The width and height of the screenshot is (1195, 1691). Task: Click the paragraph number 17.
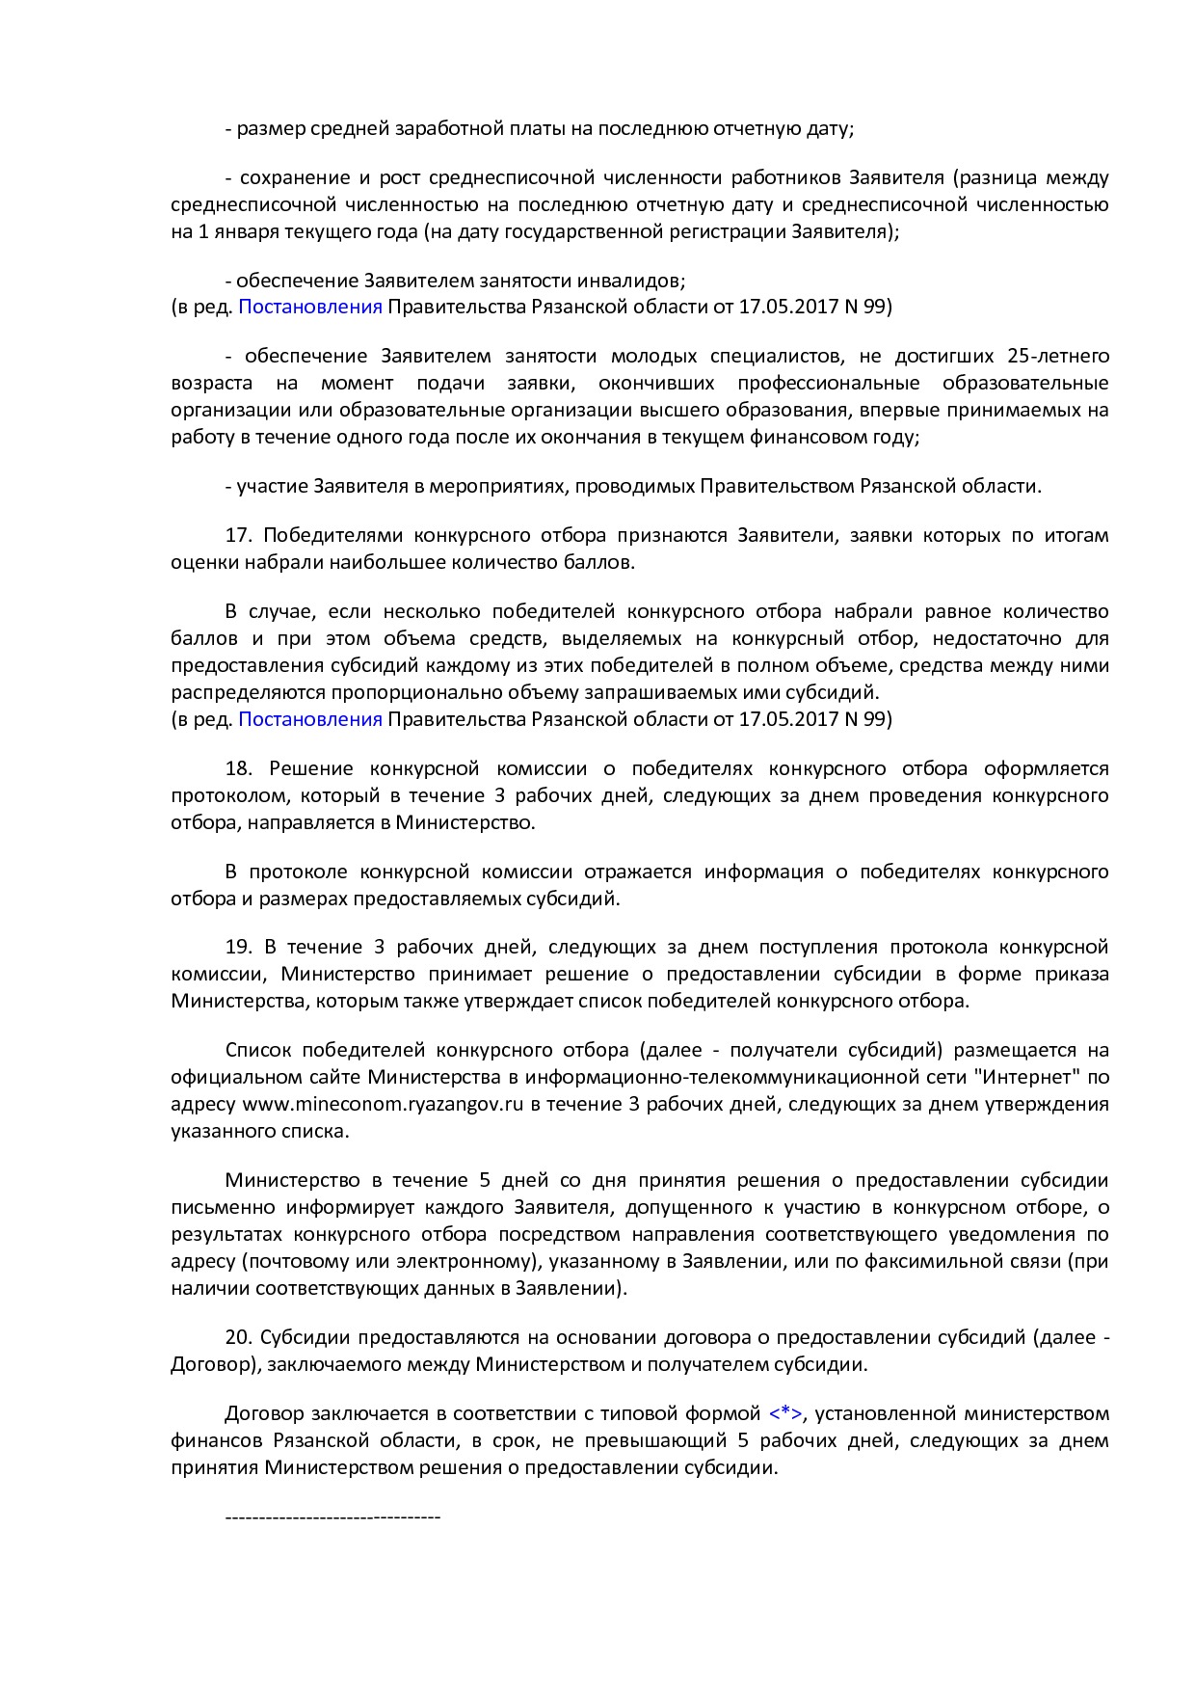click(x=237, y=535)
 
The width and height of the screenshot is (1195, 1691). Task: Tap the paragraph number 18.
click(x=238, y=768)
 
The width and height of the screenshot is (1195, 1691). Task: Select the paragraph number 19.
click(x=238, y=947)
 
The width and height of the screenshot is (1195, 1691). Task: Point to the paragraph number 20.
click(x=238, y=1337)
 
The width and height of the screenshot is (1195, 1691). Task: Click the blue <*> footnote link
click(x=785, y=1413)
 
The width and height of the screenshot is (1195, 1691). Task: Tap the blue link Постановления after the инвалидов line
click(x=310, y=307)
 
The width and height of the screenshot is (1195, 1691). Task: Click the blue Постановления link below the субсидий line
click(x=310, y=719)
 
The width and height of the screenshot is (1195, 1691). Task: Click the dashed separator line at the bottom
click(x=332, y=1517)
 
